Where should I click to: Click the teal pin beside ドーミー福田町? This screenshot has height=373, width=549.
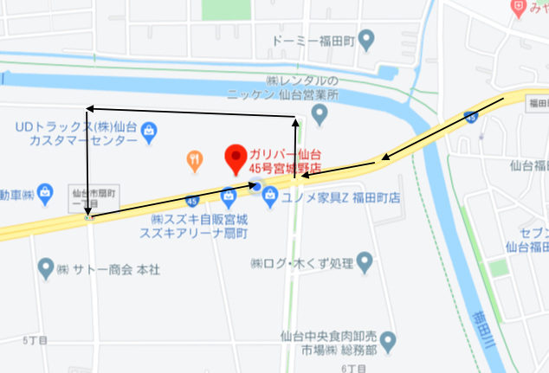[x=366, y=39]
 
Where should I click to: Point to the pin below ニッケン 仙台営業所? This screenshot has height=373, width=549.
[x=320, y=113]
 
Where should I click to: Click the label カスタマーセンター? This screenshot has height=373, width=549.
[x=83, y=140]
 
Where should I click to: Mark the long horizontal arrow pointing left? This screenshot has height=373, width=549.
[x=191, y=109]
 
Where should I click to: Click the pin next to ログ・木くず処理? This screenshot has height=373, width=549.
[x=365, y=260]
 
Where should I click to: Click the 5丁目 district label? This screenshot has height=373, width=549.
[x=33, y=341]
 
